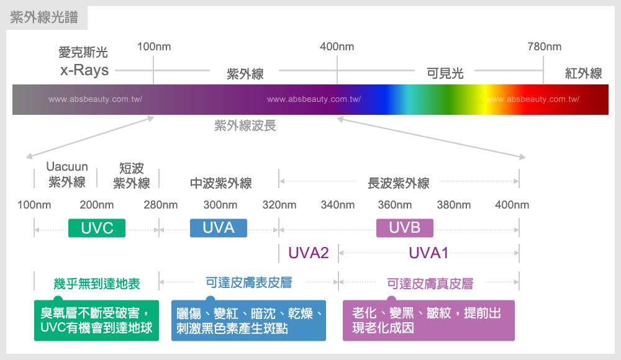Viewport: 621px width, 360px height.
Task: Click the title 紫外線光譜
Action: [x=45, y=18]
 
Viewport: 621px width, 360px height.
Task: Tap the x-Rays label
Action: [x=84, y=70]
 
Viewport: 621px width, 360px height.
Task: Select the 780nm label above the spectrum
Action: [x=544, y=47]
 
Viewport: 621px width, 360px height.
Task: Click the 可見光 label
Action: [x=445, y=74]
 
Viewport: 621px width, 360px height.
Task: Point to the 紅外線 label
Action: [x=583, y=74]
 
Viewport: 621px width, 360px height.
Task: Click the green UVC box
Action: [x=97, y=228]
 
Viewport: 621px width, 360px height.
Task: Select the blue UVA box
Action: [x=219, y=228]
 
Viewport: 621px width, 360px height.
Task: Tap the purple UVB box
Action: [x=405, y=228]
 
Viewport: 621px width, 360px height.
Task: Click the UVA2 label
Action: [x=309, y=253]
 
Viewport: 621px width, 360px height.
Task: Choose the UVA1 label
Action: [x=428, y=253]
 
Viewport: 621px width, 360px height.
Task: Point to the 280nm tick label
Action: [x=160, y=205]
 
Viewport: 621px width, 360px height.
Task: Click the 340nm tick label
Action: [x=338, y=205]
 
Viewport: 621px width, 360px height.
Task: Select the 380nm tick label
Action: [x=454, y=205]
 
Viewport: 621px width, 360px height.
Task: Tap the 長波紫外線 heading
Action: [x=399, y=183]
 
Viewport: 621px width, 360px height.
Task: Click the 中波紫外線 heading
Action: [x=221, y=183]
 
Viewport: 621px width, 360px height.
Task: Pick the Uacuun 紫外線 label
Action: [x=67, y=174]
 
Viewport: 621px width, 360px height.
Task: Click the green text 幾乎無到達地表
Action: [x=97, y=284]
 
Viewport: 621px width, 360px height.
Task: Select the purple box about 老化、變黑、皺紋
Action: [x=428, y=320]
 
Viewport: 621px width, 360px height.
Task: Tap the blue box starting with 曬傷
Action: [x=248, y=320]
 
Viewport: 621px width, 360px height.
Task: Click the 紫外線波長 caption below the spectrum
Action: [x=245, y=126]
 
